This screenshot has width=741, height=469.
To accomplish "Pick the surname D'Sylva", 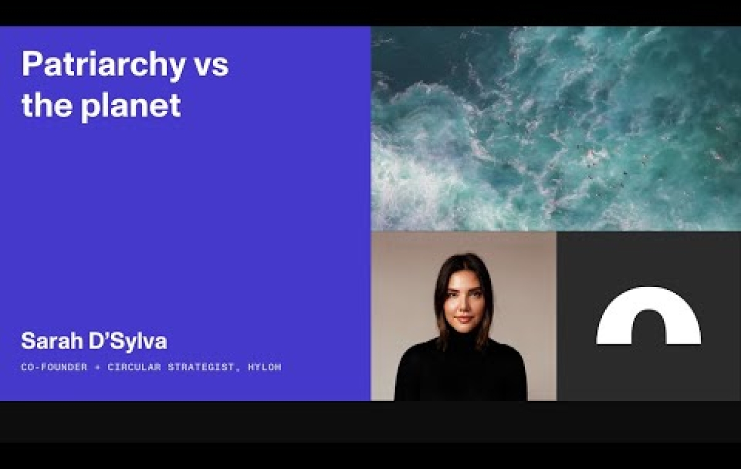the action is pos(128,342).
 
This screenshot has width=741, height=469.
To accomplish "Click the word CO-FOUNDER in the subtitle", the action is pos(54,367).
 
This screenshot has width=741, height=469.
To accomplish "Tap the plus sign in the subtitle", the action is pos(98,367).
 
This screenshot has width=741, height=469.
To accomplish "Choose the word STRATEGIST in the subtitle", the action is pos(201,367).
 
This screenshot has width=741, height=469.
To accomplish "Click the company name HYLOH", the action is pos(265,367).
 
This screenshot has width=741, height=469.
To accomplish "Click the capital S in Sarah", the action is pos(28,341).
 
